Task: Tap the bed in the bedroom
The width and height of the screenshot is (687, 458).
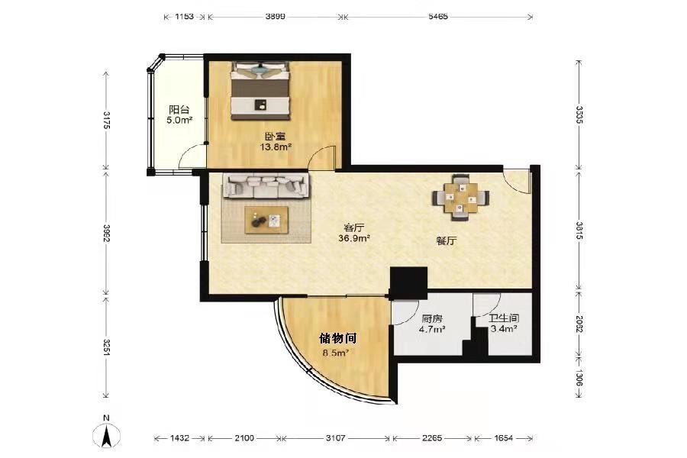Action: pyautogui.click(x=261, y=91)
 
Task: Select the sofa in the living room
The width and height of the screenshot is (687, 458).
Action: pyautogui.click(x=267, y=185)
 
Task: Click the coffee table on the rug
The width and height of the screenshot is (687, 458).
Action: pyautogui.click(x=266, y=220)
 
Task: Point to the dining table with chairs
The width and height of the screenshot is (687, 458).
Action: pyautogui.click(x=460, y=198)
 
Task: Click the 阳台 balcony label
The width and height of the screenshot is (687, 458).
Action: pyautogui.click(x=179, y=110)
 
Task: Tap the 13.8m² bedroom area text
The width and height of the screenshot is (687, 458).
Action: pyautogui.click(x=276, y=147)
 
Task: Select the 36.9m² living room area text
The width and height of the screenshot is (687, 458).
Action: pyautogui.click(x=354, y=238)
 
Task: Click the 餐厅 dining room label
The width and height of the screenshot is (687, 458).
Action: pyautogui.click(x=447, y=240)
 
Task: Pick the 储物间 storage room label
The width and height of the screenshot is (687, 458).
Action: pyautogui.click(x=337, y=338)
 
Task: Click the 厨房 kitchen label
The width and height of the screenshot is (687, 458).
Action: pyautogui.click(x=432, y=319)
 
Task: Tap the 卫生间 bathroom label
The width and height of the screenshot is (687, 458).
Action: pyautogui.click(x=504, y=318)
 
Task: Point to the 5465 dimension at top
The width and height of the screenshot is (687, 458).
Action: pyautogui.click(x=437, y=17)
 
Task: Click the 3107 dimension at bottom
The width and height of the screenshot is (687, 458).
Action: pyautogui.click(x=336, y=438)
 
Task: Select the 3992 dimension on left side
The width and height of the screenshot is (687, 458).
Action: pyautogui.click(x=106, y=233)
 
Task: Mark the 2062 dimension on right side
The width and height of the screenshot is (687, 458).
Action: pyautogui.click(x=579, y=324)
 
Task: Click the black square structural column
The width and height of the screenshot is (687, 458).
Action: pyautogui.click(x=408, y=282)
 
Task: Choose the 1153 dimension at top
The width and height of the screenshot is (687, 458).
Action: pyautogui.click(x=184, y=17)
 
